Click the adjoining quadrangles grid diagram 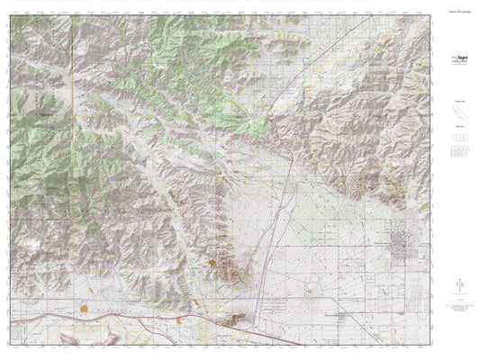pos(457,141)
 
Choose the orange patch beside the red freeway pos(179,316)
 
